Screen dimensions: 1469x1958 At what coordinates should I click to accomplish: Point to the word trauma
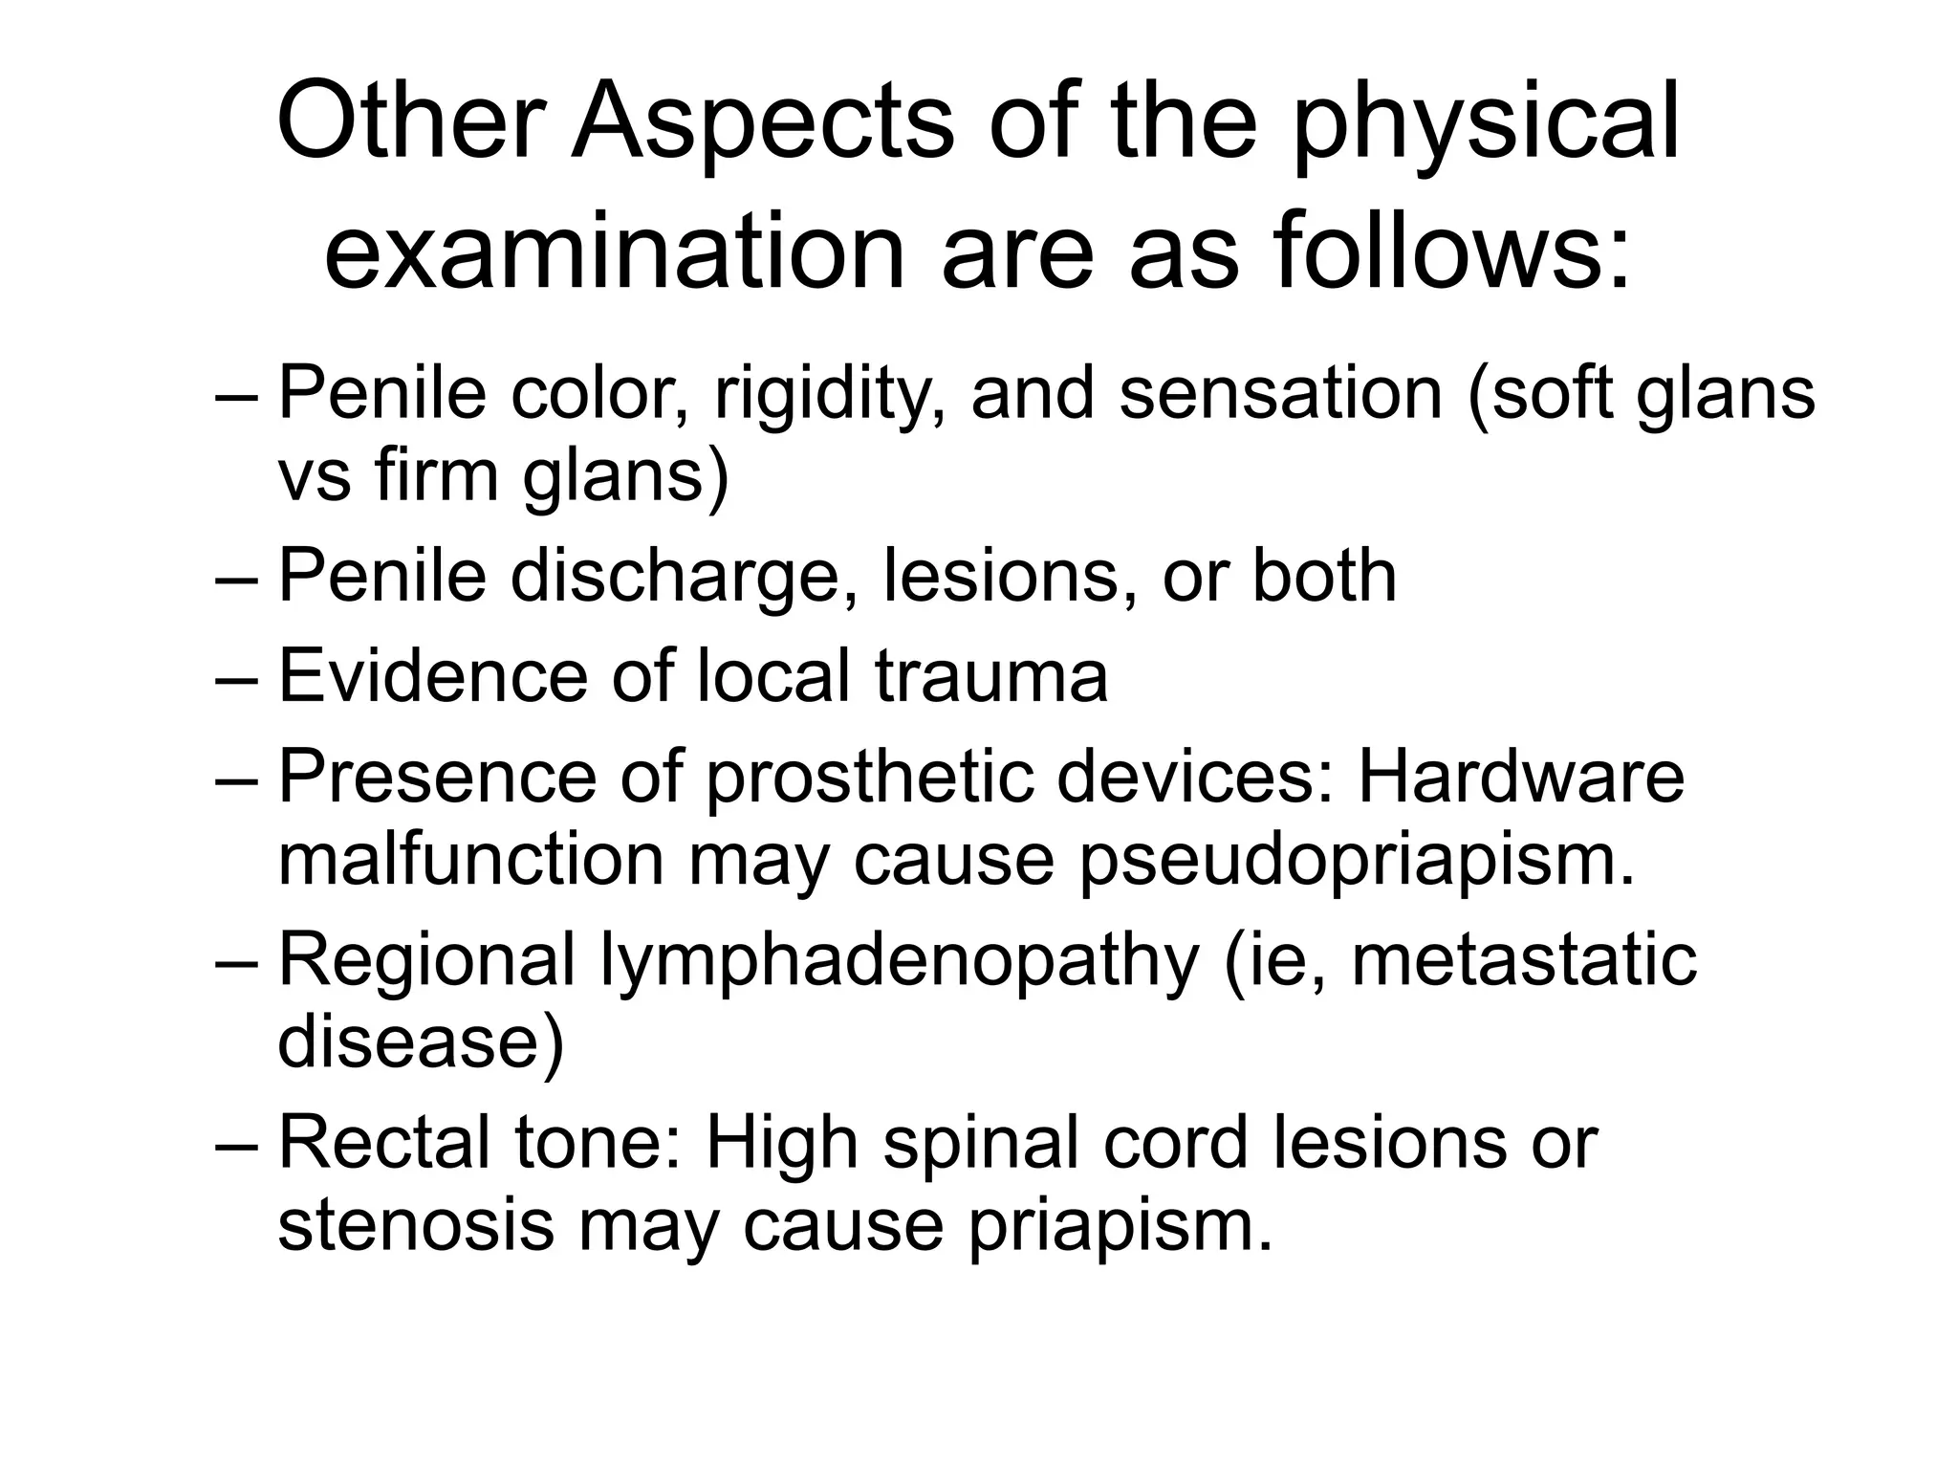pyautogui.click(x=991, y=676)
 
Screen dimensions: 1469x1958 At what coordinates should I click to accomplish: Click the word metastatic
pyautogui.click(x=1524, y=959)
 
